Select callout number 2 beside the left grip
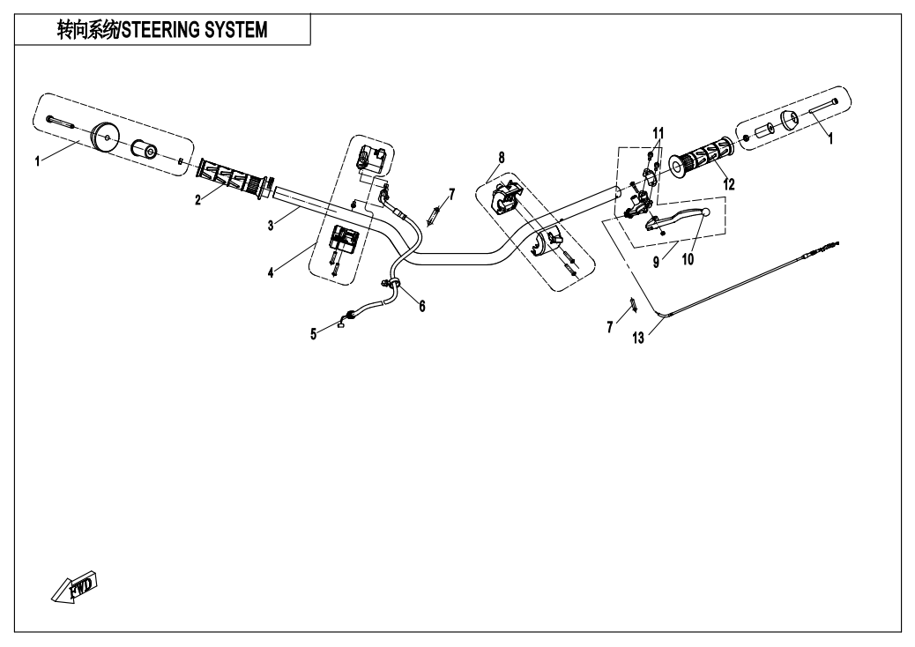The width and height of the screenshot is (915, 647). pyautogui.click(x=198, y=199)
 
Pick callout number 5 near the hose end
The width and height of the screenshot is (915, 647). pyautogui.click(x=313, y=334)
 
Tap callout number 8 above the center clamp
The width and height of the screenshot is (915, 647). pyautogui.click(x=501, y=158)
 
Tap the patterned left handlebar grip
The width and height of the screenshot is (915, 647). pyautogui.click(x=229, y=175)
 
